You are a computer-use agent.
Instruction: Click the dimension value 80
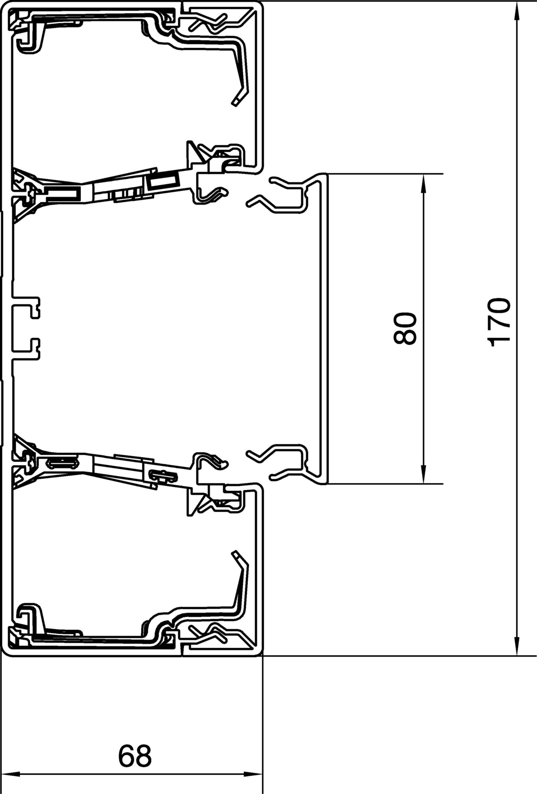click(x=405, y=328)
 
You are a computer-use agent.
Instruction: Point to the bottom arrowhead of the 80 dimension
click(x=423, y=475)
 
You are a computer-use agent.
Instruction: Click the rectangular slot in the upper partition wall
click(x=164, y=180)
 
